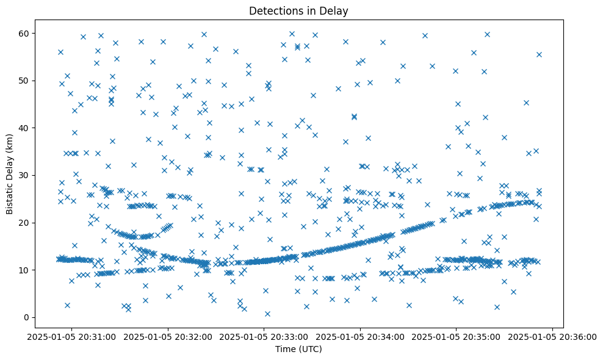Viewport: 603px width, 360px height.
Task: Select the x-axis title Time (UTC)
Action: coord(299,349)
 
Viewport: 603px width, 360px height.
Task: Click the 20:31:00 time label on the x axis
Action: coord(72,337)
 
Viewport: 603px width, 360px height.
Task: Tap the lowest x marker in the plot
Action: coord(267,314)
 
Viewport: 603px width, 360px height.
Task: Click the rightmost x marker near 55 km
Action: coord(539,54)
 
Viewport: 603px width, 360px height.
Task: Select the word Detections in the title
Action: coord(274,10)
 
